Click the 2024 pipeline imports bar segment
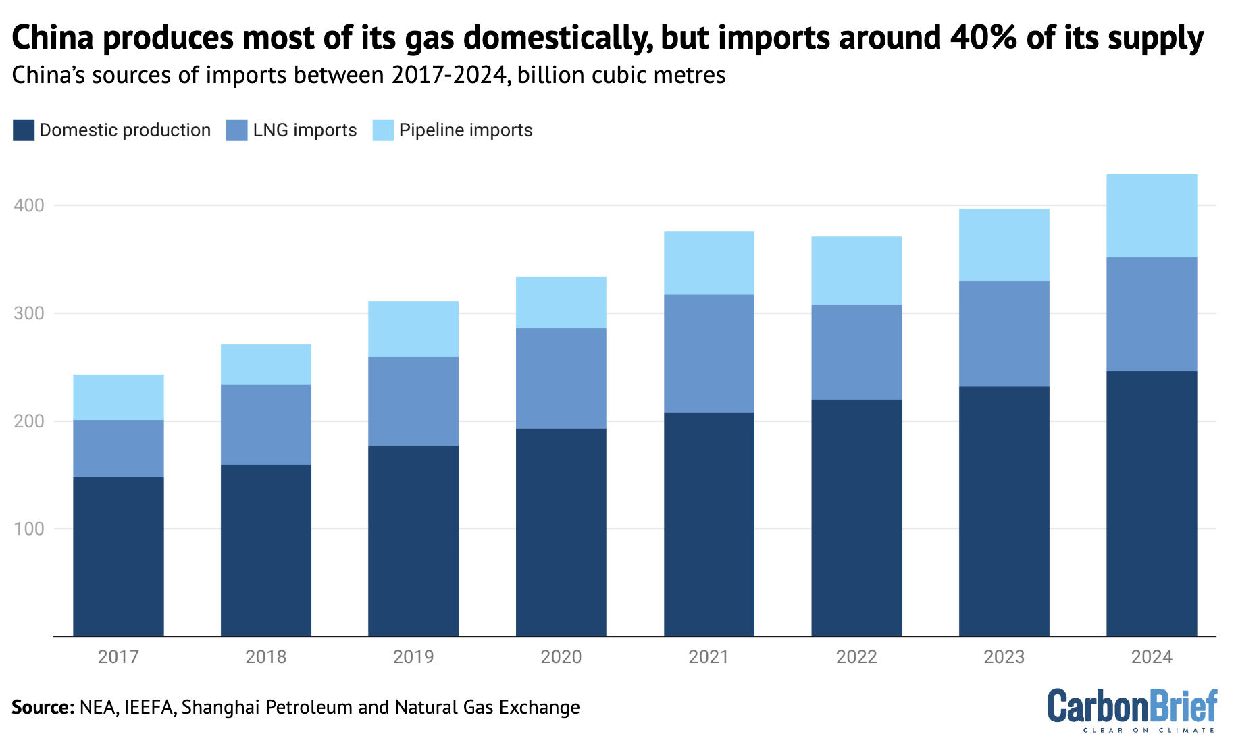pos(1152,215)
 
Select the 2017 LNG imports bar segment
pos(118,448)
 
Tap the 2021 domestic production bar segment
pos(709,524)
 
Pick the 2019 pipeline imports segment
pos(413,328)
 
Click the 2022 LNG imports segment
pos(856,352)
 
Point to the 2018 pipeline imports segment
pos(266,364)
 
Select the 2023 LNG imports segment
pos(1004,333)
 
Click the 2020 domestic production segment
pos(561,532)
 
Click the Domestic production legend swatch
pos(24,130)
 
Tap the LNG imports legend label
pos(305,130)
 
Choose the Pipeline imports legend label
pos(465,130)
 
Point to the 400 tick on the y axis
pos(28,205)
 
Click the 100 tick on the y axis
pos(28,529)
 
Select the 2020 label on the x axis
pos(561,657)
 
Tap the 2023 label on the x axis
pos(1004,657)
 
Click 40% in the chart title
pos(983,38)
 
